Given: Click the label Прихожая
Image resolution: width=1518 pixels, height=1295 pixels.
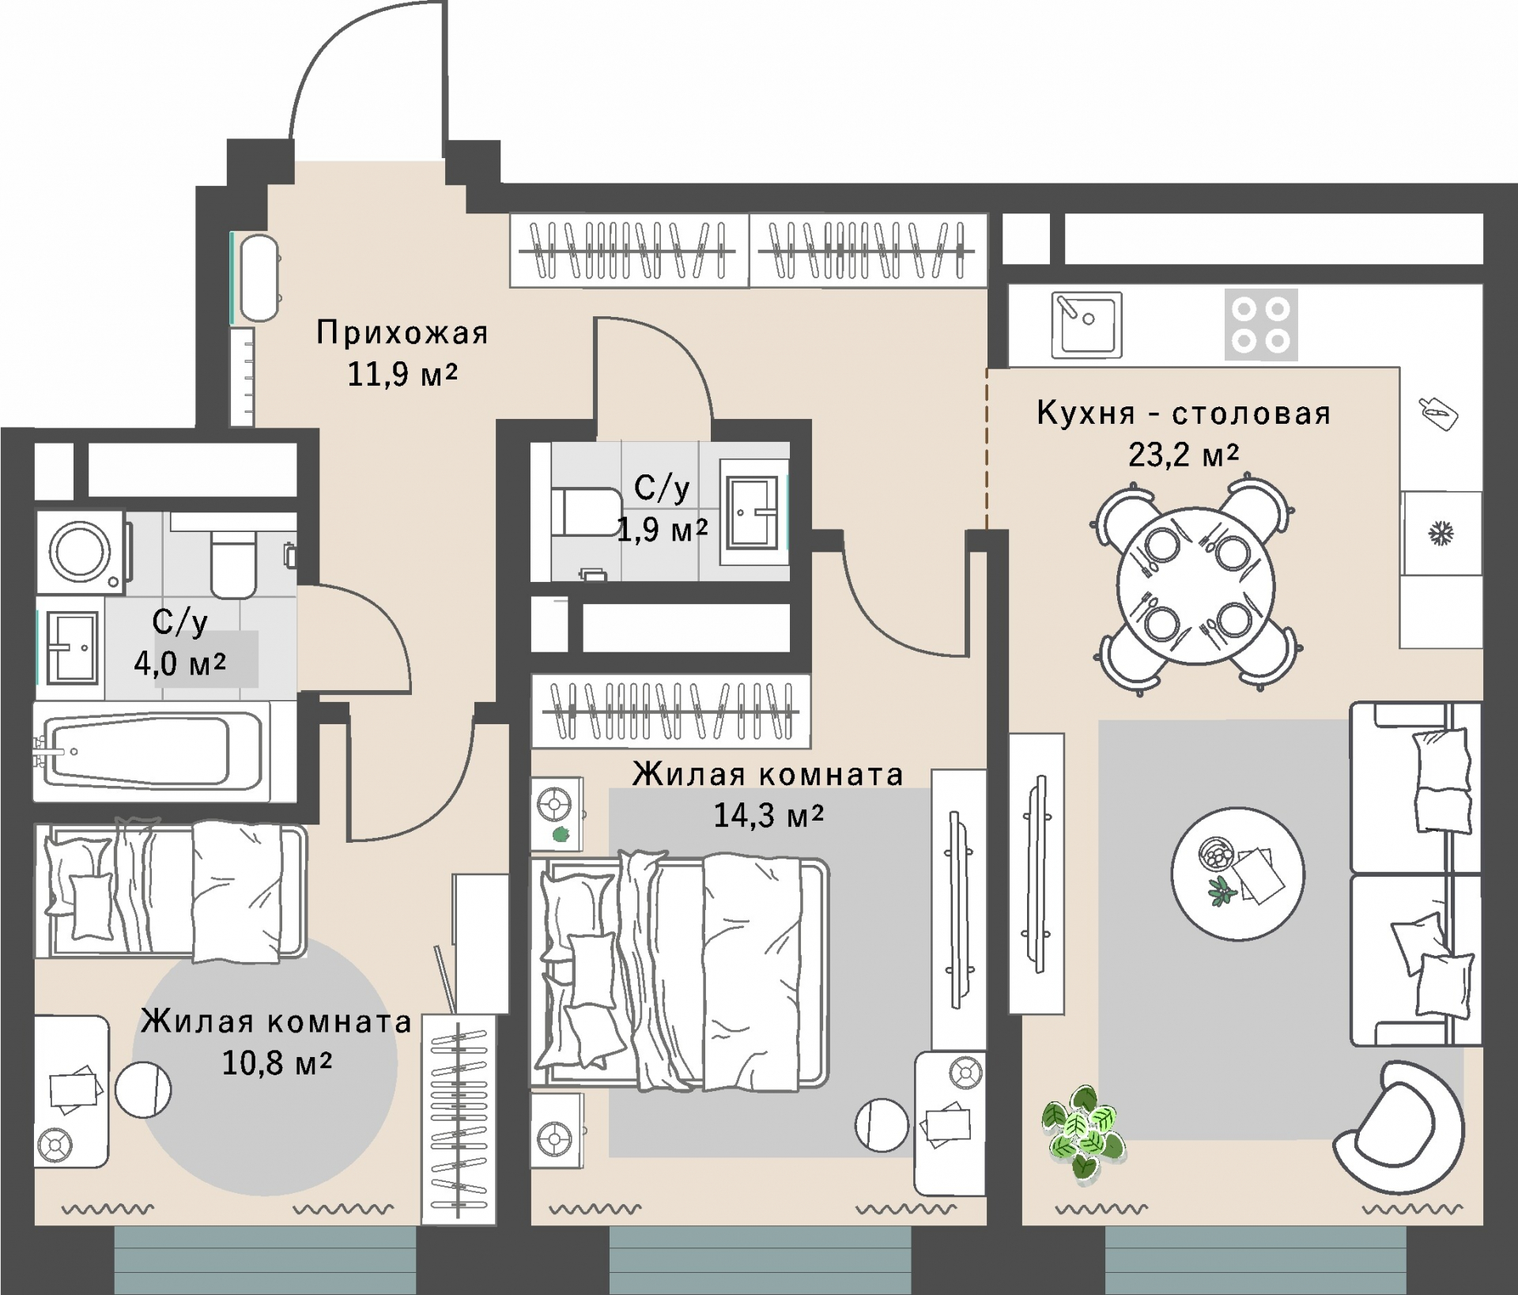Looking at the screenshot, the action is click(x=402, y=333).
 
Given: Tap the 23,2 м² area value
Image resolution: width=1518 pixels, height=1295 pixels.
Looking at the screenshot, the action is click(x=1183, y=455).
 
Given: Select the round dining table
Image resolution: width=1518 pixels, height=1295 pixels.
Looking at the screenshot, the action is click(x=1195, y=586).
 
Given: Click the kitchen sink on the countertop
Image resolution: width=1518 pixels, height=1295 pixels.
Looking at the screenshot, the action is click(x=1087, y=324).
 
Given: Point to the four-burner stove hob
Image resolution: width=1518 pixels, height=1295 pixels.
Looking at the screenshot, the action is click(x=1261, y=324).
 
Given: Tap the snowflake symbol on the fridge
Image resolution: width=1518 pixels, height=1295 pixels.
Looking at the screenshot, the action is click(x=1441, y=534).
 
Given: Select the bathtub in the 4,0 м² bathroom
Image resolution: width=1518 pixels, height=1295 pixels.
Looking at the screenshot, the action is click(x=150, y=751).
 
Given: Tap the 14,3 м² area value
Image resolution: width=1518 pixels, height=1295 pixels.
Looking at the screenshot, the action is click(x=768, y=815).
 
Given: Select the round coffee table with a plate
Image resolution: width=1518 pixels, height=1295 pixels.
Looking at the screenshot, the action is click(x=1237, y=874).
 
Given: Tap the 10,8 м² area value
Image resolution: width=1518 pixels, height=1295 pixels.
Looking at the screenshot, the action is click(x=277, y=1063).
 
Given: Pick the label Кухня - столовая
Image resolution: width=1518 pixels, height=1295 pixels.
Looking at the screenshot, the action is click(x=1184, y=413).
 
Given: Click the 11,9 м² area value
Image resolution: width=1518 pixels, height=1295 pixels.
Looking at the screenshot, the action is click(x=402, y=374).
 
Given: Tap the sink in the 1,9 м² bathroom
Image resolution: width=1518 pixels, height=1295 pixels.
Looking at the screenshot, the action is click(x=753, y=512).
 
